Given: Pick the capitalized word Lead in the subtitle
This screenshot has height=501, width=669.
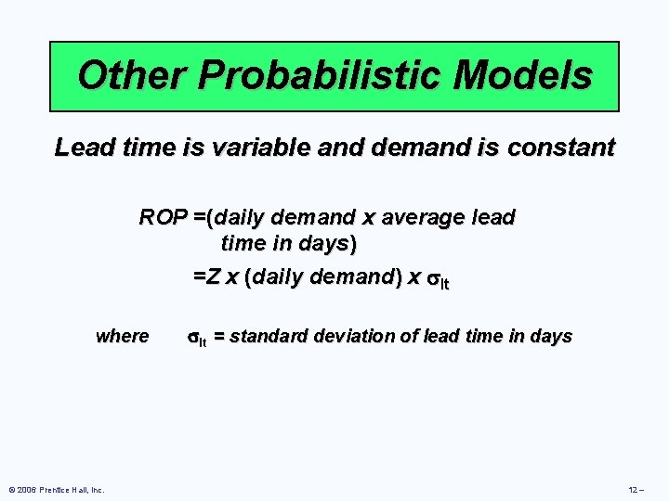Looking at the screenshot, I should point(77,148).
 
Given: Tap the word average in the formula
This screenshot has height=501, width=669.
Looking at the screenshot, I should point(424,218).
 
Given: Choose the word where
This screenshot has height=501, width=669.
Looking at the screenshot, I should point(122,337).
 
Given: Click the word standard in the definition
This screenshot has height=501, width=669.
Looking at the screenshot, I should point(265,337).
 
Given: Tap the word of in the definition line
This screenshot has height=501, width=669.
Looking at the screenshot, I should point(408,337).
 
